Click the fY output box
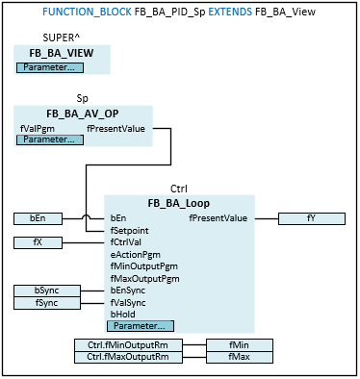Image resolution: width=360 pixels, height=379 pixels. click(x=312, y=218)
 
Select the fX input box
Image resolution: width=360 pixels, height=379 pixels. click(x=38, y=242)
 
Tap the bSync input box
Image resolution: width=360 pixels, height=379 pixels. click(x=47, y=291)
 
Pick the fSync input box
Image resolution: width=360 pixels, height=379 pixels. click(x=47, y=303)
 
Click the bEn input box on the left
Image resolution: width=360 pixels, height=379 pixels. click(x=38, y=218)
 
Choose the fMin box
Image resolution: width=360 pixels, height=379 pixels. click(x=240, y=345)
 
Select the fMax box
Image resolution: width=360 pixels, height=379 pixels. click(x=240, y=357)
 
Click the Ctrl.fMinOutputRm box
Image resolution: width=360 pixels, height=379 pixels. click(x=128, y=345)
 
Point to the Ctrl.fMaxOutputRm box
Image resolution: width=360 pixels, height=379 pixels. click(x=128, y=357)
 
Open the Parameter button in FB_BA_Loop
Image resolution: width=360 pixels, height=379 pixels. click(x=141, y=326)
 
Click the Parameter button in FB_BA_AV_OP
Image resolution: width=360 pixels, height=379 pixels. click(x=50, y=139)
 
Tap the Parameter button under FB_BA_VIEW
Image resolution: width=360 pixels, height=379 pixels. click(x=50, y=67)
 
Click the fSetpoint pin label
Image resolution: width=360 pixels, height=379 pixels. click(x=130, y=231)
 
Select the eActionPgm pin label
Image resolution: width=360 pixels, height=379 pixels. click(x=136, y=255)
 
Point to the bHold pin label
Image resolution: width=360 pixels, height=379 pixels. click(x=123, y=315)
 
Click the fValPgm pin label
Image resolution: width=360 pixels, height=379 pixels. click(x=38, y=129)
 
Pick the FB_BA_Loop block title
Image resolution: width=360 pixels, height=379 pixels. click(x=179, y=203)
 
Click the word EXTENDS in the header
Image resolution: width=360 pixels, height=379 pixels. click(x=230, y=12)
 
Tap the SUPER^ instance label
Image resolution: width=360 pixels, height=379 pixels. click(x=62, y=38)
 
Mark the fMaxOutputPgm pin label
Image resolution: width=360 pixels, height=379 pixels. click(x=145, y=279)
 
